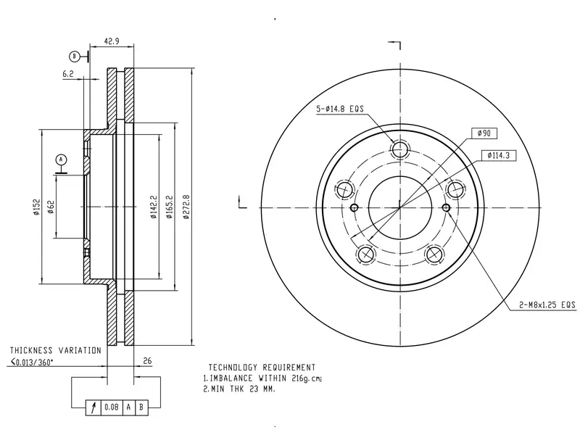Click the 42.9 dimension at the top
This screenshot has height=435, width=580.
click(112, 41)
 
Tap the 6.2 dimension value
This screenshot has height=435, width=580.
click(68, 74)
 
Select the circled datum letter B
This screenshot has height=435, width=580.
click(75, 57)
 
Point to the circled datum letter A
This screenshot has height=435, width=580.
click(61, 159)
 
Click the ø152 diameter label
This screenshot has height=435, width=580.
click(36, 207)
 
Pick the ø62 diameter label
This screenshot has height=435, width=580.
click(51, 207)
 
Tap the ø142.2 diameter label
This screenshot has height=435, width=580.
click(154, 207)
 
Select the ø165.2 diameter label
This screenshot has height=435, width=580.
click(170, 207)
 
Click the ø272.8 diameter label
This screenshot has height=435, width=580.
click(186, 207)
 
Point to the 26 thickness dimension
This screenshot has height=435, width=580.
click(147, 360)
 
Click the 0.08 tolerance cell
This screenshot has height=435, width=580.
click(112, 407)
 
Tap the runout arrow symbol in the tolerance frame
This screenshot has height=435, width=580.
click(94, 407)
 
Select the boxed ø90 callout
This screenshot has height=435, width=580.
click(484, 133)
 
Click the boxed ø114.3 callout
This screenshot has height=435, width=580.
click(499, 156)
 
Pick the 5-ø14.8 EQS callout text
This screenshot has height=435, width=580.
click(340, 109)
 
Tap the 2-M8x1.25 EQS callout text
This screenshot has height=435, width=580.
click(547, 304)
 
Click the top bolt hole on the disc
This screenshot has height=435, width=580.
click(400, 150)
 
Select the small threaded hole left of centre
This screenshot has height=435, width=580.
click(354, 207)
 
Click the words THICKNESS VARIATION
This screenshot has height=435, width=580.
click(56, 350)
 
